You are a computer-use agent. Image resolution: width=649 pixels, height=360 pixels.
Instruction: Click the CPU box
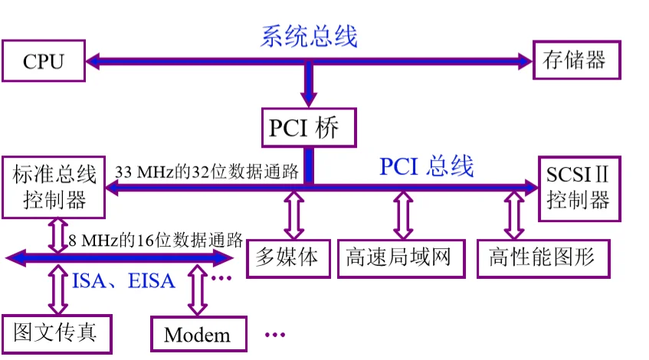pos(43,61)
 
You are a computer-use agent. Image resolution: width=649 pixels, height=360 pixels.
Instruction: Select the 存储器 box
pos(575,60)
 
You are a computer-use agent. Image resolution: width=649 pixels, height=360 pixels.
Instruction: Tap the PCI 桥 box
pos(310,126)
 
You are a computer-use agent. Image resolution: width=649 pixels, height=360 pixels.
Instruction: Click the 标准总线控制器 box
pos(54,187)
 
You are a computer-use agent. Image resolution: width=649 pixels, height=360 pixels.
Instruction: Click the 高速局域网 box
pos(402,256)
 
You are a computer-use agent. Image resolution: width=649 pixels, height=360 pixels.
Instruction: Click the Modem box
pos(197,335)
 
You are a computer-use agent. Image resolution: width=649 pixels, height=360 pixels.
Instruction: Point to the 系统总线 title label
pos(310,36)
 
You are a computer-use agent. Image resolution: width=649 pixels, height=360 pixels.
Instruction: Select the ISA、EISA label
pos(124,280)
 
